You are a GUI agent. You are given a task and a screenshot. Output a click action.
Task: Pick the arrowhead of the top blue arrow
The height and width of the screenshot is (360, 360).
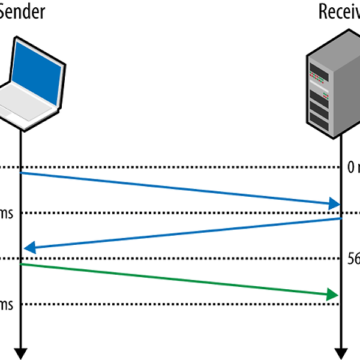(334, 205)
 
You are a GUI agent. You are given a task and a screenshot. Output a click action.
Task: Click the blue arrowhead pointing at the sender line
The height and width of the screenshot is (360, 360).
(29, 248)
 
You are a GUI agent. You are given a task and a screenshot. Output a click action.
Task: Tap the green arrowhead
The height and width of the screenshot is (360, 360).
(332, 295)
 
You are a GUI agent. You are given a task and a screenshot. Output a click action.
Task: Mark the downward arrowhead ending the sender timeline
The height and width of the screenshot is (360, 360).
(21, 353)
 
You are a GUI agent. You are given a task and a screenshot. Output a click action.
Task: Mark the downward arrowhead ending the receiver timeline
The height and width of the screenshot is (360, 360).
(341, 353)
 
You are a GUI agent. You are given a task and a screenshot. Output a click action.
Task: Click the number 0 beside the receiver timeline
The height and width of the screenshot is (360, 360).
(351, 168)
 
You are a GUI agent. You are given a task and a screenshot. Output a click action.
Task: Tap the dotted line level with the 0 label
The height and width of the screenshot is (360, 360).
(180, 167)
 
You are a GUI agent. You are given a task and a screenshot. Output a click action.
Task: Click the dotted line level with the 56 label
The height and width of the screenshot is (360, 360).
(180, 259)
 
